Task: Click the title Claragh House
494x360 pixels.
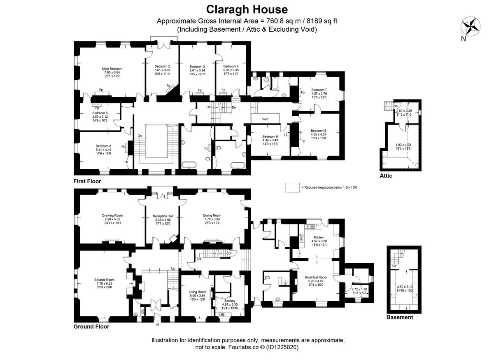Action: (247, 9)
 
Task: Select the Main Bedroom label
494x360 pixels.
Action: (112, 69)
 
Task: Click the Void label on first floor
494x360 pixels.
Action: (266, 119)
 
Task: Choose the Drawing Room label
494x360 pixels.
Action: (112, 215)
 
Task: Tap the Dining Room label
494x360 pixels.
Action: (212, 215)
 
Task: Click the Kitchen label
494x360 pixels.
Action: (319, 237)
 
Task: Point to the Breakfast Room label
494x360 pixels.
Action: (316, 277)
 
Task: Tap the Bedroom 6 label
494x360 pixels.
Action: (104, 146)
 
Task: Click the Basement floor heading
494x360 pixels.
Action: (399, 318)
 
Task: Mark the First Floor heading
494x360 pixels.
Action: (87, 181)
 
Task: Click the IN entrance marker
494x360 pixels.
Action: (157, 325)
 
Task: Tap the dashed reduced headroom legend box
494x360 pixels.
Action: (292, 187)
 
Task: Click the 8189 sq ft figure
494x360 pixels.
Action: (322, 21)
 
